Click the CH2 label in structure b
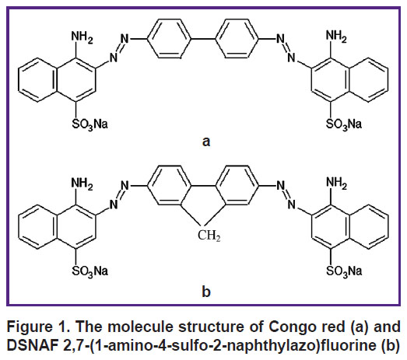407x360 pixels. [x=209, y=236]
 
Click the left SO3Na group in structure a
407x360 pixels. [x=89, y=124]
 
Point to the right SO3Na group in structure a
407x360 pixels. [x=344, y=124]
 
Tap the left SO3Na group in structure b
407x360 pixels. [x=89, y=271]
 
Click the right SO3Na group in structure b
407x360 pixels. [x=344, y=271]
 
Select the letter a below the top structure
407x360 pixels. [x=206, y=142]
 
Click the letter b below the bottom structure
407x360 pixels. [x=206, y=292]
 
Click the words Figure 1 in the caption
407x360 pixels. [x=39, y=327]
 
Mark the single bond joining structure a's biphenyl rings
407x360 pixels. [x=203, y=39]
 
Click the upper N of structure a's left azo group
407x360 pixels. [x=125, y=39]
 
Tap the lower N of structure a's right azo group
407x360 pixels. [x=292, y=58]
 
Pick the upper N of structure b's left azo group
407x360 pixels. [x=125, y=186]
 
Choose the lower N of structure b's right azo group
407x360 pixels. [x=292, y=204]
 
